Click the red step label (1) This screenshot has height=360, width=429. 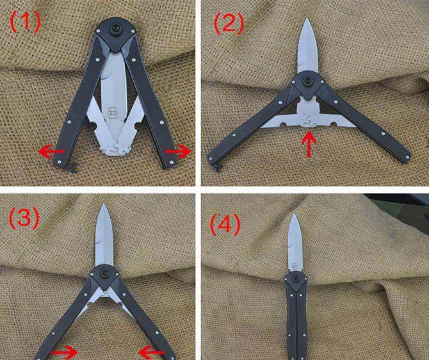[25, 22]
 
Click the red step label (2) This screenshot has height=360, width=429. [229, 24]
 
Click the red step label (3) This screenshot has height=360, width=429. [24, 218]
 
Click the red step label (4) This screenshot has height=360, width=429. [225, 225]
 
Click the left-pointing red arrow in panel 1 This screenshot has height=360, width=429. [51, 151]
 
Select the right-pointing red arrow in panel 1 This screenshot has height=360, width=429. [177, 151]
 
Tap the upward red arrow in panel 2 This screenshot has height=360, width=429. [309, 144]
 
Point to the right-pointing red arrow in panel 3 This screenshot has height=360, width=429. [64, 352]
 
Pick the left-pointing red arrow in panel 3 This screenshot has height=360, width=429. [152, 352]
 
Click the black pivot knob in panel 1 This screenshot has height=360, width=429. [115, 29]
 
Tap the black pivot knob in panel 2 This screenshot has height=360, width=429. [308, 81]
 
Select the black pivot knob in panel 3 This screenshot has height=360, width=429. [105, 274]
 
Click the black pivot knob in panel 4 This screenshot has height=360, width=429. [295, 279]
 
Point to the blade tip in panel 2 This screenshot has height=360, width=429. [307, 18]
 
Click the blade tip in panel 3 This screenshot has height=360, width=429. [104, 204]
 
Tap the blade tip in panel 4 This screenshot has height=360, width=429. [293, 213]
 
